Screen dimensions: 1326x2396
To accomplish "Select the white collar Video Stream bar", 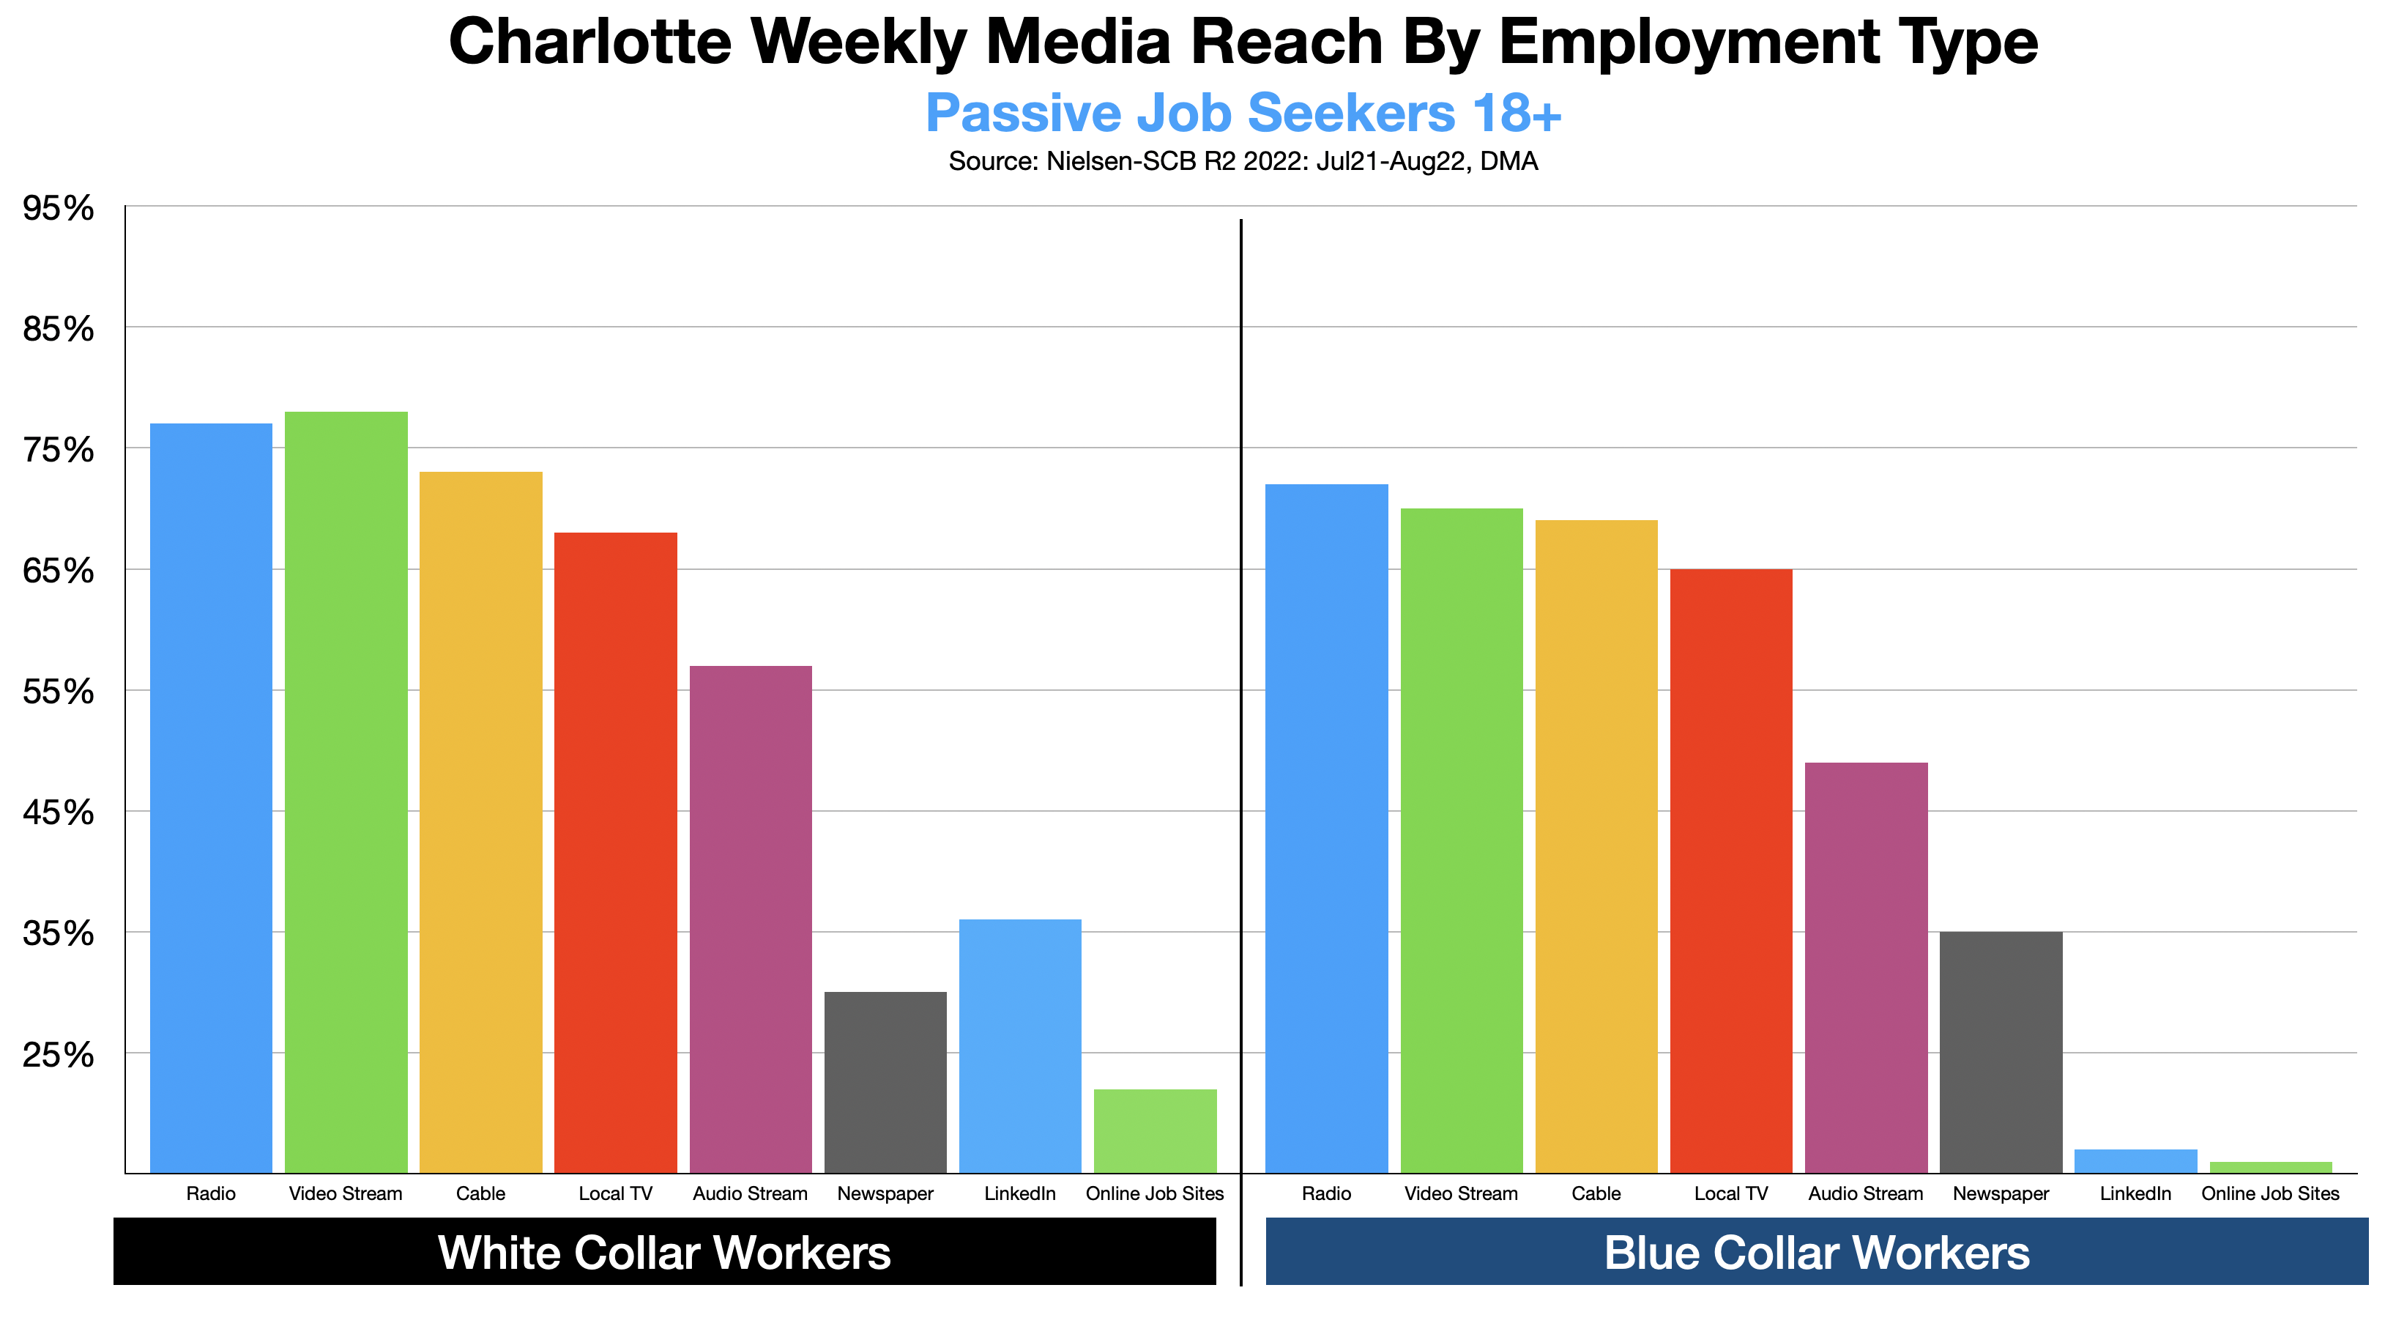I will [x=346, y=792].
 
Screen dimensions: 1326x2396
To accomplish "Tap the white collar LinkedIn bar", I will [x=1020, y=1046].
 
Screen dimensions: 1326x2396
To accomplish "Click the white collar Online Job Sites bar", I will [x=1156, y=1130].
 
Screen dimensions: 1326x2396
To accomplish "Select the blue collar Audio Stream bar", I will [x=1866, y=968].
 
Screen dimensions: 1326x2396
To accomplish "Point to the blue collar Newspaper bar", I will [x=2001, y=1051].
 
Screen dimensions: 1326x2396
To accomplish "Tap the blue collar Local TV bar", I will [x=1731, y=870].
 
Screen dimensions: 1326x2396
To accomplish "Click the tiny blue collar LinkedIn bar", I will [x=2135, y=1161].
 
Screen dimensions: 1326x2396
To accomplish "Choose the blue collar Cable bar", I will [x=1596, y=846].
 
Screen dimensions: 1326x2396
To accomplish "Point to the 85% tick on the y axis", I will [x=58, y=328].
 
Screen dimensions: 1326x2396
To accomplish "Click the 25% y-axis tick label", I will [x=58, y=1054].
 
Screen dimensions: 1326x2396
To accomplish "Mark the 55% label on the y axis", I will [x=58, y=692].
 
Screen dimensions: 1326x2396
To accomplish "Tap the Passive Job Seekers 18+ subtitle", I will [x=1243, y=113].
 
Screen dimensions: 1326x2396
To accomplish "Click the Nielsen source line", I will [x=1243, y=162].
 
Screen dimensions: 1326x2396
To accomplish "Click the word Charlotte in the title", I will [x=589, y=42].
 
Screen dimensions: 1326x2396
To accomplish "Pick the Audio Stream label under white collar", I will [x=750, y=1194].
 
